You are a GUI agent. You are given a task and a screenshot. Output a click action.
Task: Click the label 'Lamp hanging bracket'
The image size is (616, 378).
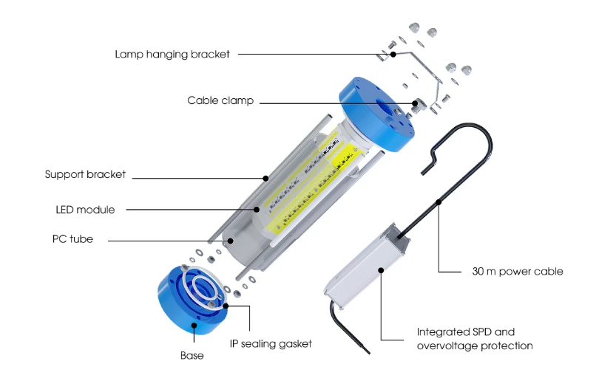172,54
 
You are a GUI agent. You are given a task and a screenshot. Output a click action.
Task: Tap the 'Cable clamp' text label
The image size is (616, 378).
220,100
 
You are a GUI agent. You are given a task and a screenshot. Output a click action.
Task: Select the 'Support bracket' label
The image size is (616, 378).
85,174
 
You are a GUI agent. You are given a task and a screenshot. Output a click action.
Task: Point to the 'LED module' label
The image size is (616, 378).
85,210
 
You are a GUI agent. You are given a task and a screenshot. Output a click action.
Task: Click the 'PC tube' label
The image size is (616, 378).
72,238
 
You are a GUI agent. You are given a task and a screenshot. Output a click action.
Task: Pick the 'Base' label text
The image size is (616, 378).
192,355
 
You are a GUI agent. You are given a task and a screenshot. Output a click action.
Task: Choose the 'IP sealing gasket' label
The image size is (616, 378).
271,344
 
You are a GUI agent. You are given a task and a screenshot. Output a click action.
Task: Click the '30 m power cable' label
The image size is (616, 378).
518,272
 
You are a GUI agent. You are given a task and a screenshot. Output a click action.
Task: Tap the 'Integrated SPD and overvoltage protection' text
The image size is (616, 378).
475,339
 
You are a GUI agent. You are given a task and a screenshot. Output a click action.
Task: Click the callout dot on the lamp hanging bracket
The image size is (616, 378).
393,54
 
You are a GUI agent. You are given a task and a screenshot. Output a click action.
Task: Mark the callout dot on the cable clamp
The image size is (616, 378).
415,103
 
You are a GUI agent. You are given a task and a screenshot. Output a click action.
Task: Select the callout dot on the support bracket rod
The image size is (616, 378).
265,179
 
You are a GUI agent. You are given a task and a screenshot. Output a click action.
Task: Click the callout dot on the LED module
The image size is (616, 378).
257,210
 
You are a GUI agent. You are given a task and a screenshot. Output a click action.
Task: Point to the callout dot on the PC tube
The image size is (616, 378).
231,241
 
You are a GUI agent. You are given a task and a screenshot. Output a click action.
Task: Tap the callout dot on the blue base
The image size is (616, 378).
194,325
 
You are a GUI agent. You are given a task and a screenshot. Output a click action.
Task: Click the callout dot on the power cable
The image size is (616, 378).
439,202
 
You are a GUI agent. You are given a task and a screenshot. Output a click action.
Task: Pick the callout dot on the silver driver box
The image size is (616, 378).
381,270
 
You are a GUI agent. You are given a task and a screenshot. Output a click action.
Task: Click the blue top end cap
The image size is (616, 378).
376,114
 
